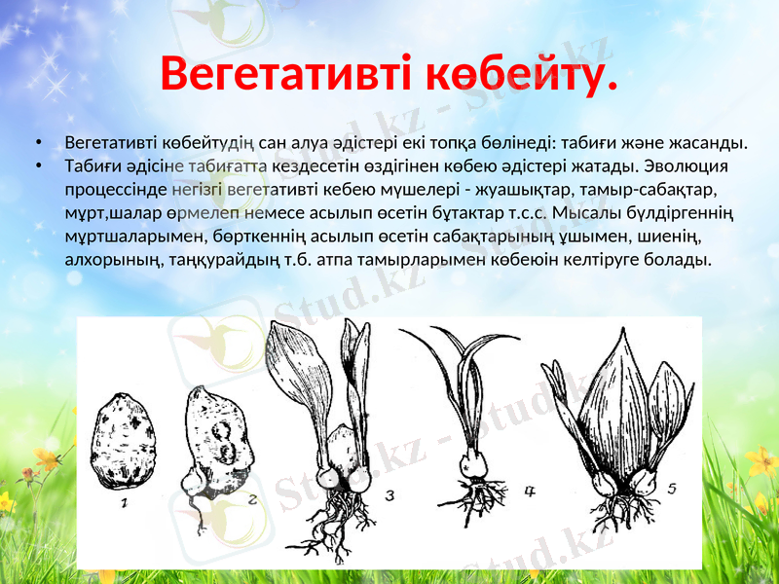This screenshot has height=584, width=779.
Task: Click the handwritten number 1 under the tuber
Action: pyautogui.click(x=125, y=503)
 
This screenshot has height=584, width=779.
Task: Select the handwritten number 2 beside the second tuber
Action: pyautogui.click(x=252, y=500)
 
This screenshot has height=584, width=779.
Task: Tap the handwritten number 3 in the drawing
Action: pyautogui.click(x=389, y=495)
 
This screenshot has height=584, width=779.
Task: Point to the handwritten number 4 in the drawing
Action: pyautogui.click(x=531, y=492)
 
